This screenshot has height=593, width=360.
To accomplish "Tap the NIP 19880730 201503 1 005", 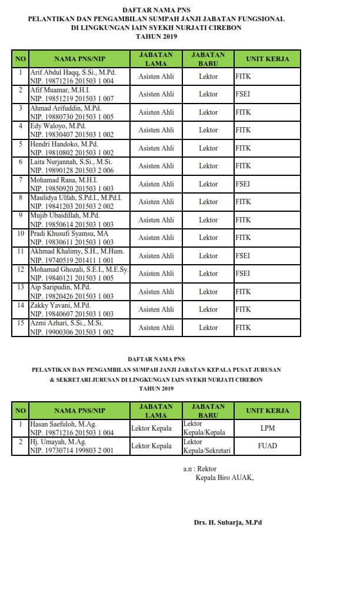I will tap(72, 116).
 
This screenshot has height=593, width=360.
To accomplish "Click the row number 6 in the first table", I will tap(21, 162).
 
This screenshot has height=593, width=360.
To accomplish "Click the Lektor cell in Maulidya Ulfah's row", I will tap(208, 202).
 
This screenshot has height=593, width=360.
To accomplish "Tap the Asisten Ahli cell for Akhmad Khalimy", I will tap(156, 256).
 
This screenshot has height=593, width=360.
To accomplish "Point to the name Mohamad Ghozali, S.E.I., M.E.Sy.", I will tap(79, 269).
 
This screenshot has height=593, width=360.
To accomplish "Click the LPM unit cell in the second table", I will tap(267, 428).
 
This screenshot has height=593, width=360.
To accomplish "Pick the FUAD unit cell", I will tap(267, 446).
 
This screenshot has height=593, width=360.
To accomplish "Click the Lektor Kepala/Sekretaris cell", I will tap(208, 446).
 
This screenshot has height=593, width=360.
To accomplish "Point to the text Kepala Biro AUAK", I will tap(225, 478).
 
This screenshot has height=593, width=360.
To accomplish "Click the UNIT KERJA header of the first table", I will tap(267, 59).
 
